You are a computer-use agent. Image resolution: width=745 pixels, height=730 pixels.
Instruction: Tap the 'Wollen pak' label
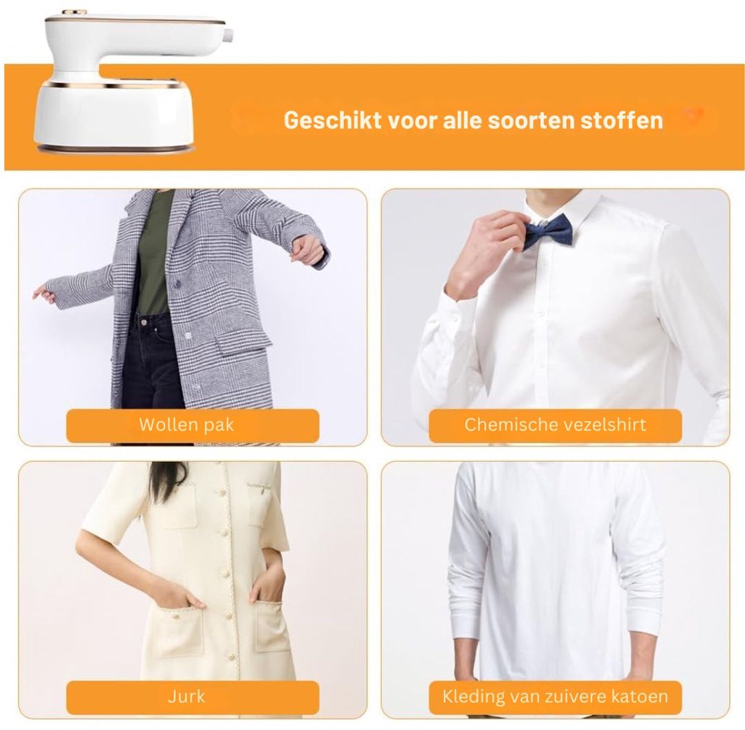click(x=187, y=425)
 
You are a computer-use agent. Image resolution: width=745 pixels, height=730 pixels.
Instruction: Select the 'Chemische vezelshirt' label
click(x=555, y=425)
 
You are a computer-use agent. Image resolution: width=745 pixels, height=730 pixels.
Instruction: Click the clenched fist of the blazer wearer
click(x=309, y=250)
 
